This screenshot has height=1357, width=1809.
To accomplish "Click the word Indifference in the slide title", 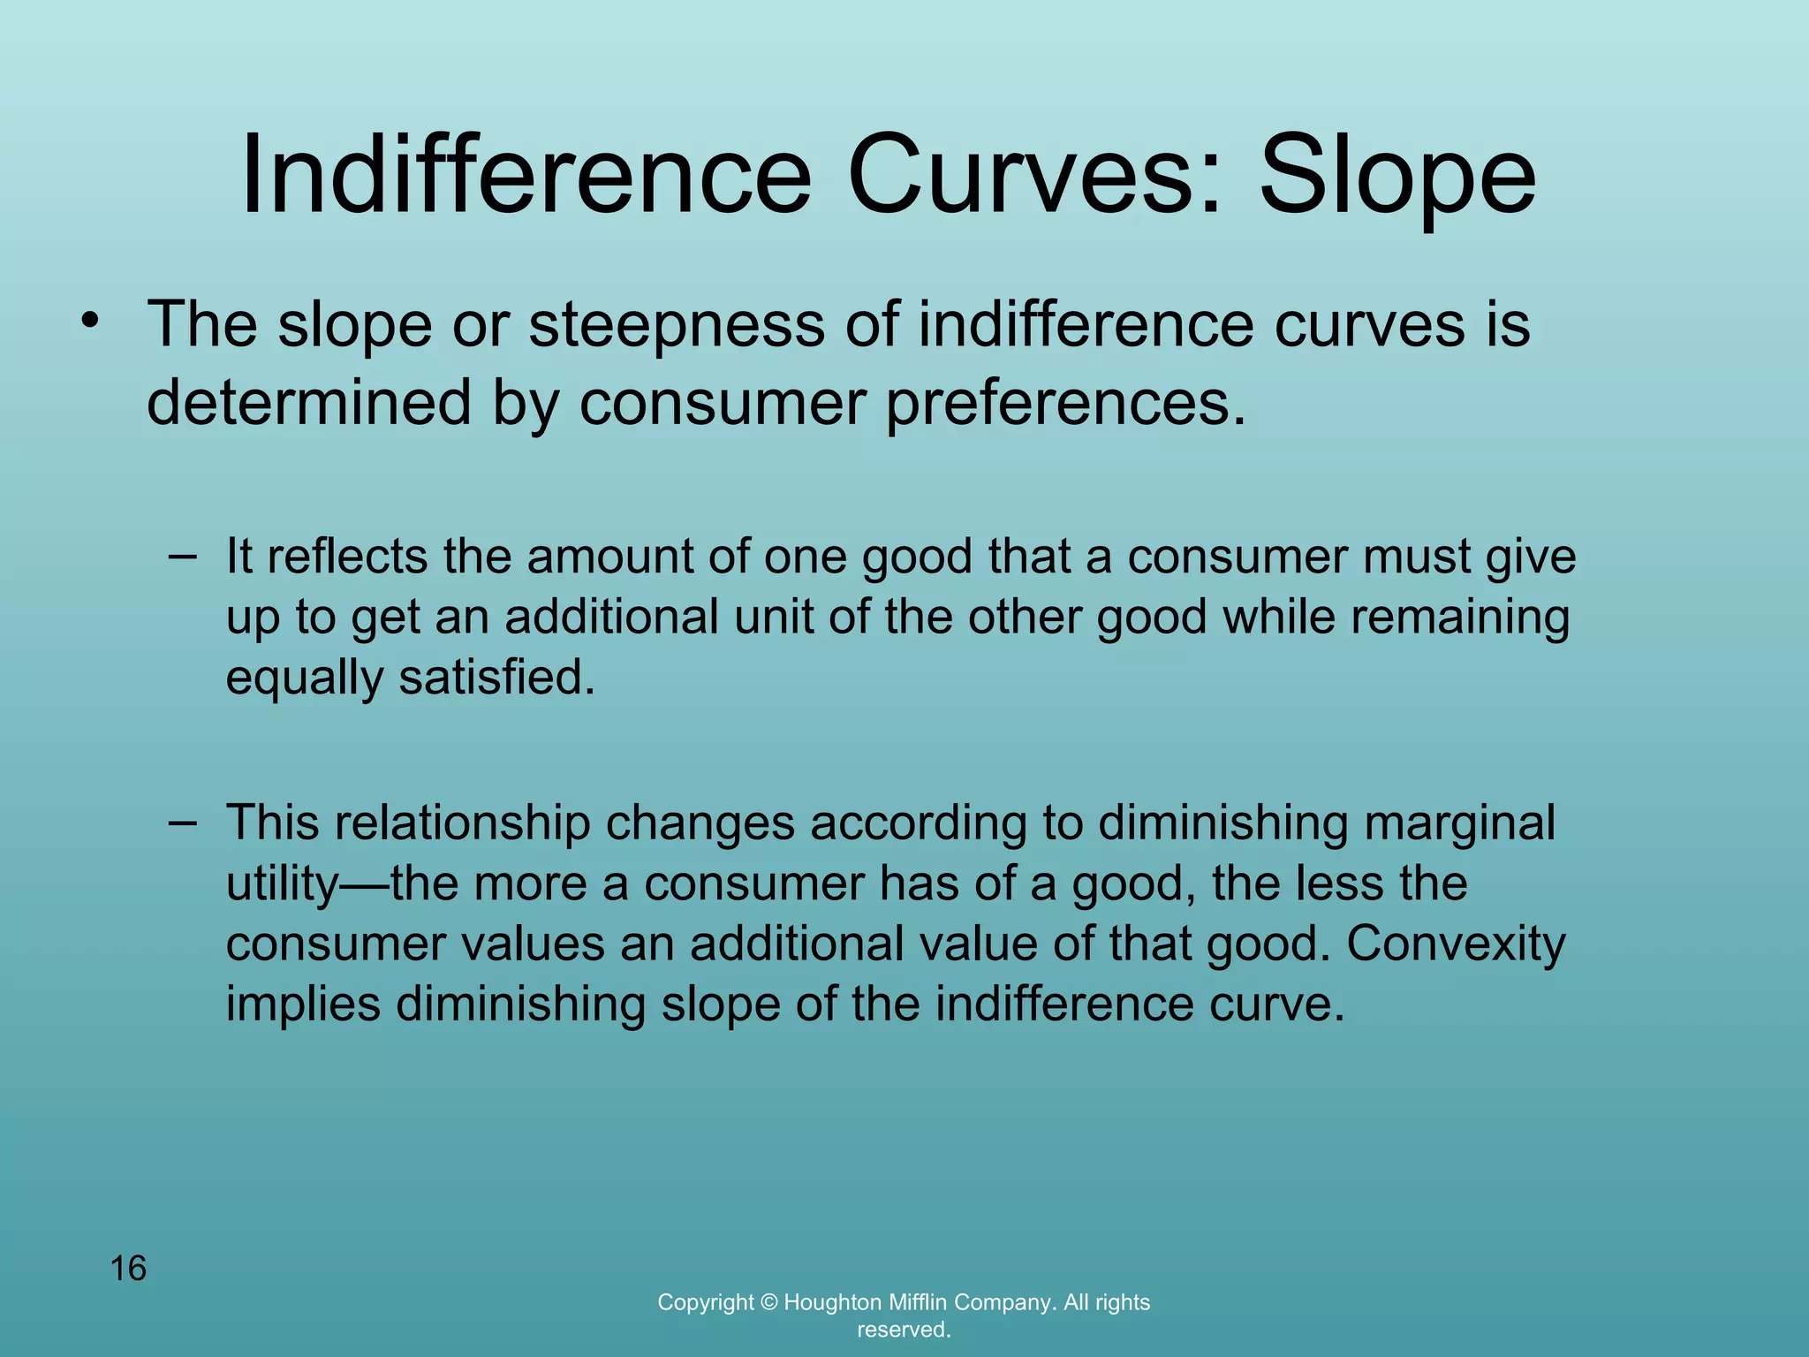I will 526,174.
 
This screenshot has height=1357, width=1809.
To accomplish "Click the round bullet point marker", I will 88,322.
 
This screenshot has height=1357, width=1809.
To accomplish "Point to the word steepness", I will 677,325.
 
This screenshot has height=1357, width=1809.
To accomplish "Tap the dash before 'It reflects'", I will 182,556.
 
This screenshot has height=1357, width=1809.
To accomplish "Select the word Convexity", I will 1456,944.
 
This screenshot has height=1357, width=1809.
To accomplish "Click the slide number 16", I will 128,1269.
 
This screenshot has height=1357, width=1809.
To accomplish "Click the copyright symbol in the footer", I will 768,1302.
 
